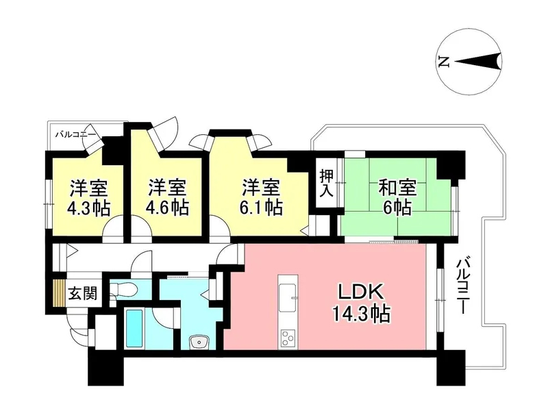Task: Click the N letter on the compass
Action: [x=443, y=62]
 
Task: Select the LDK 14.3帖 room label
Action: [x=361, y=302]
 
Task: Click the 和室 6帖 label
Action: [x=397, y=197]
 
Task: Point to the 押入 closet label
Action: [x=327, y=183]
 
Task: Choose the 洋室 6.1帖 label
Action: [x=261, y=197]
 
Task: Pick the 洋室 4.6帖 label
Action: [x=167, y=197]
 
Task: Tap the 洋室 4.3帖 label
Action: [x=89, y=197]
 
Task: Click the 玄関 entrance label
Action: [x=82, y=293]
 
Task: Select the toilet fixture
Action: [x=122, y=289]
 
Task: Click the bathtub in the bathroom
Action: [x=134, y=328]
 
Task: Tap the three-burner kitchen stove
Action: [x=288, y=338]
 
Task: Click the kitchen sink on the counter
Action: [x=287, y=297]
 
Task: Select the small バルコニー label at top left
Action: [x=75, y=134]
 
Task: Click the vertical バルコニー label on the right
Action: [x=462, y=286]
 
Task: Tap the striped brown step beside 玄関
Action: [x=59, y=293]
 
